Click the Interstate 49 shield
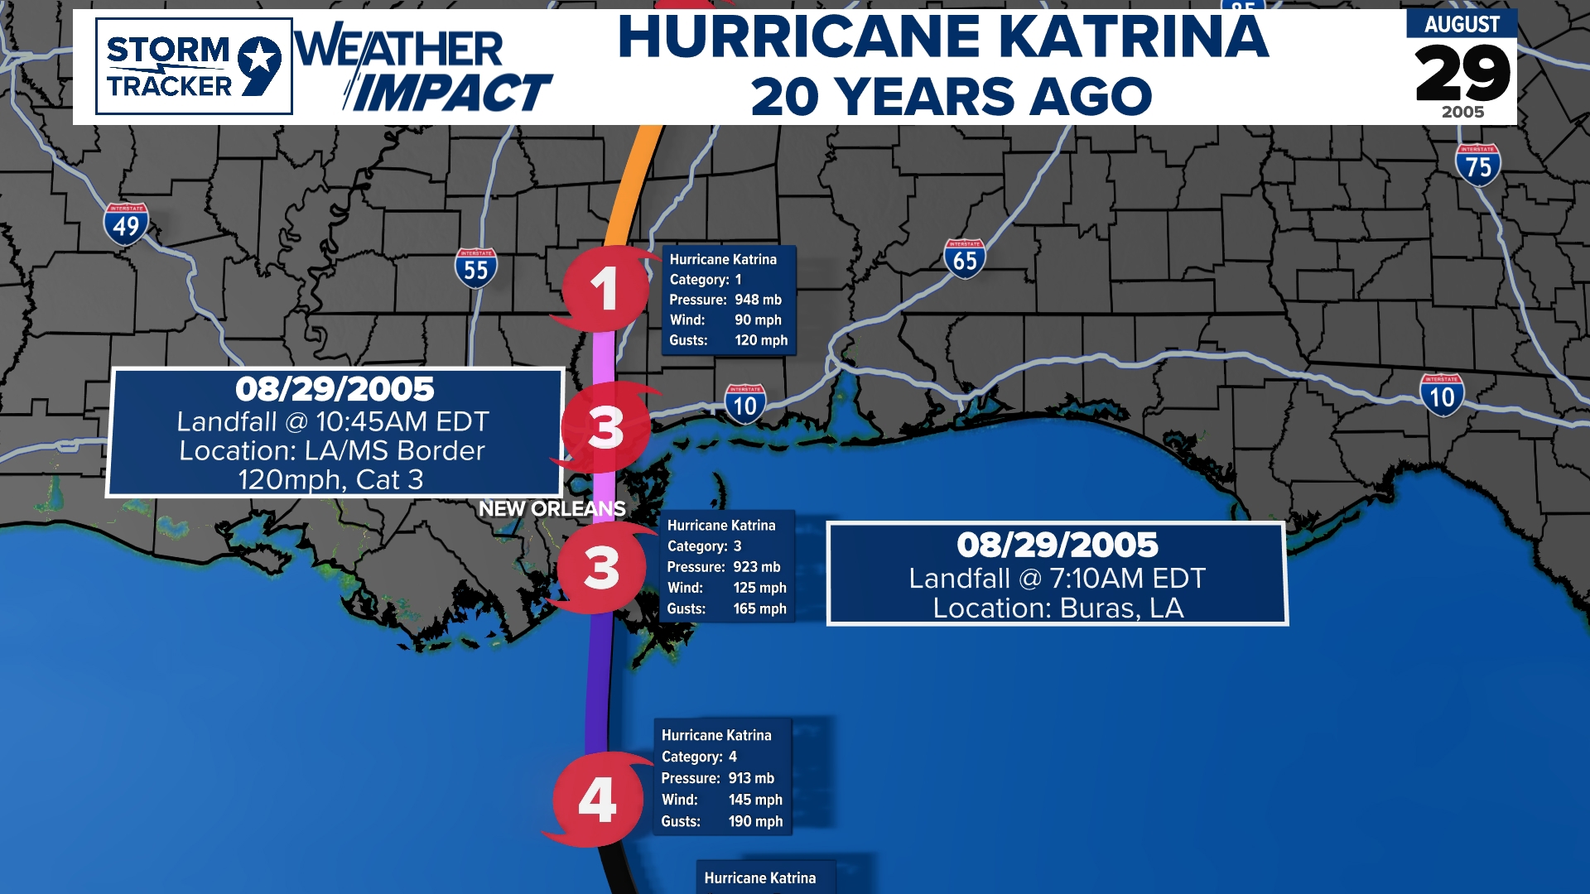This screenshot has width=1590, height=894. tap(126, 224)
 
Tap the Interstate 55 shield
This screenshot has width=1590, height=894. tap(475, 268)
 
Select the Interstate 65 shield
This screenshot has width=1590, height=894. tap(964, 258)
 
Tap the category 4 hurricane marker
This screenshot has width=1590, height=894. tap(597, 800)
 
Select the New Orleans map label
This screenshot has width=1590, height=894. tap(552, 508)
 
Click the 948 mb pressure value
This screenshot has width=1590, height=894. tap(758, 300)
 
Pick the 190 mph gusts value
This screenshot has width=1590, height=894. tap(755, 821)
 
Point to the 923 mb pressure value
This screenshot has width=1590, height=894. tap(756, 567)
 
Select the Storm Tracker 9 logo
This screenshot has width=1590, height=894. tap(194, 66)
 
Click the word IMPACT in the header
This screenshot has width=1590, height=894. tap(452, 93)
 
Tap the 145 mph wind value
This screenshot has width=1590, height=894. tap(755, 800)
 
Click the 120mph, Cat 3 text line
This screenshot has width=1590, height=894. tap(331, 479)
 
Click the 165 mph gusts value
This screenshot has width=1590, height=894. tap(759, 608)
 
